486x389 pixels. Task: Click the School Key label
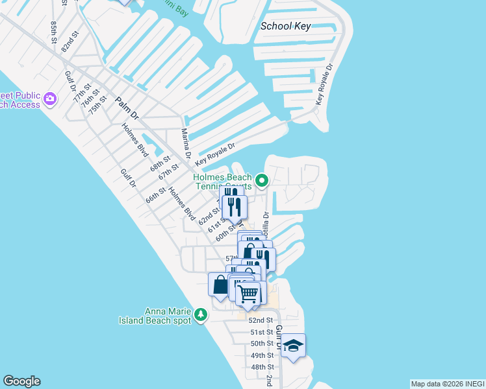(285, 27)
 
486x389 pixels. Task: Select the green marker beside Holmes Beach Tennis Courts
(262, 180)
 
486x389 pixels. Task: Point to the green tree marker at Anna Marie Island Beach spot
(201, 314)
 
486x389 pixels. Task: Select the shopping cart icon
(248, 294)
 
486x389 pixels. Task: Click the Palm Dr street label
(127, 108)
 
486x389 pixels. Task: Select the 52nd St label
(261, 320)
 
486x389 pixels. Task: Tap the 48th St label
(262, 367)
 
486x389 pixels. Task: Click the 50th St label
(262, 344)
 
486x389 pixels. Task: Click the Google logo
(21, 381)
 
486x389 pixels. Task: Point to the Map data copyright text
(447, 383)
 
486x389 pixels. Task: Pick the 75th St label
(97, 104)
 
